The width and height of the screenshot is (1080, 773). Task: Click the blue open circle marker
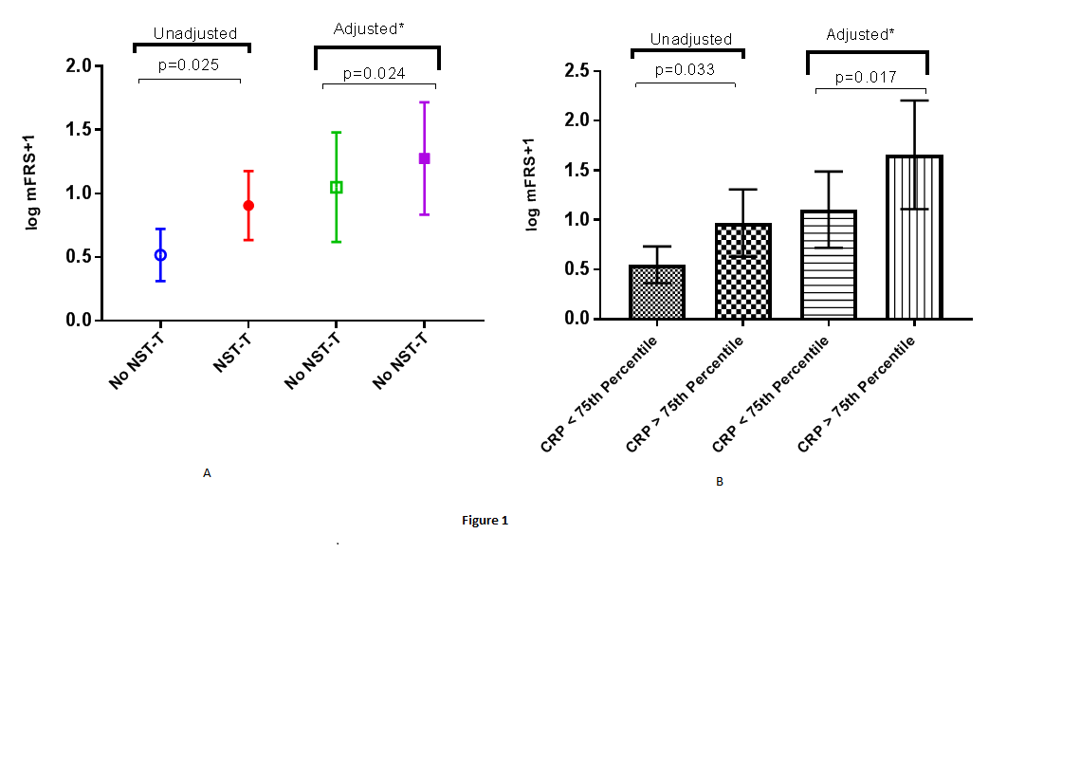[160, 255]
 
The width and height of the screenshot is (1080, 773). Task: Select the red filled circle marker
[248, 206]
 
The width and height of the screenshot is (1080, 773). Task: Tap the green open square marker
[336, 188]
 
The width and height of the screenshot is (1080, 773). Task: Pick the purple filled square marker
[424, 158]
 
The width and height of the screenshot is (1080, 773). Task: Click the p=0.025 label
[189, 65]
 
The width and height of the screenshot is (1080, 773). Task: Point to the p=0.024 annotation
[374, 72]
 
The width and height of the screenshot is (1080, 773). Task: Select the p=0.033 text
[683, 69]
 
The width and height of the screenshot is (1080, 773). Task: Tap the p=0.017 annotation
[866, 77]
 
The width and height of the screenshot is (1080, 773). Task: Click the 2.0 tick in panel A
[84, 66]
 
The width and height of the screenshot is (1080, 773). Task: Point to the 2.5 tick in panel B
[577, 71]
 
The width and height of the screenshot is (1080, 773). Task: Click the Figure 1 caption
[485, 521]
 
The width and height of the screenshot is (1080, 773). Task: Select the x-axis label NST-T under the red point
[231, 349]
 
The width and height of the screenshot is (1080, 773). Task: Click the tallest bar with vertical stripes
[914, 237]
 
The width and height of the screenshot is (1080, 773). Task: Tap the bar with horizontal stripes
[829, 265]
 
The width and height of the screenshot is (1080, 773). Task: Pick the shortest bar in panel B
[657, 292]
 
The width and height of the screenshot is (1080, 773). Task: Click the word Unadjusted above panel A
[194, 33]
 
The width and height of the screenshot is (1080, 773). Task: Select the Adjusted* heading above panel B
[860, 34]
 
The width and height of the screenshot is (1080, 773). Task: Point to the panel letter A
[207, 472]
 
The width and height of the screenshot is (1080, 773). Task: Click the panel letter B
[720, 482]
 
